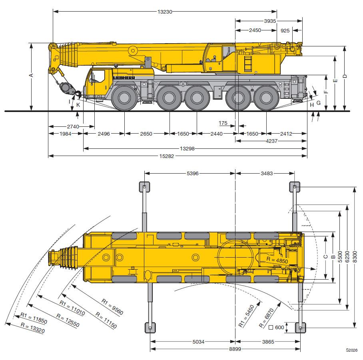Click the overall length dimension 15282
166,156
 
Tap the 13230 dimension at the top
165,12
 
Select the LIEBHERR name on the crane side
124,78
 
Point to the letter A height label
31,75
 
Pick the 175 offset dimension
223,123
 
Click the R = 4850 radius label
277,260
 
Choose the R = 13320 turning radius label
33,328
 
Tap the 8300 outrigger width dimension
355,257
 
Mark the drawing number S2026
352,350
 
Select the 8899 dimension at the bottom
235,349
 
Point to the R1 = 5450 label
246,316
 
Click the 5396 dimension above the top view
193,174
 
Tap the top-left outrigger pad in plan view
144,187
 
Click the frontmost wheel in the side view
124,98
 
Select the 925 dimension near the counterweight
285,30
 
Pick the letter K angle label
78,105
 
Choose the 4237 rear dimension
271,141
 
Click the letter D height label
345,76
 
